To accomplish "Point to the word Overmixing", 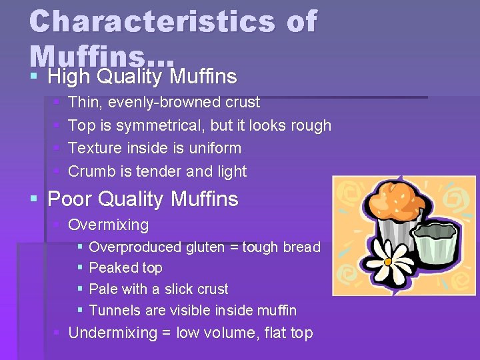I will coord(109,225).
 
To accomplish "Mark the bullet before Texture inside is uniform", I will coord(57,148).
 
